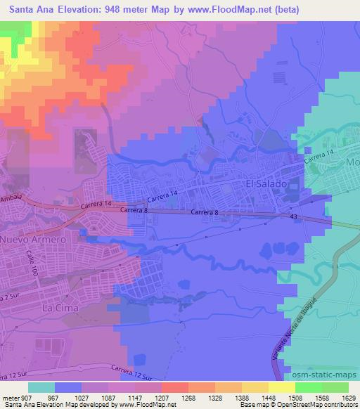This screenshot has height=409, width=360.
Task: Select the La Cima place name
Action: [x=59, y=308]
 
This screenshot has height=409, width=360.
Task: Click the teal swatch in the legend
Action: [x=41, y=387]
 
